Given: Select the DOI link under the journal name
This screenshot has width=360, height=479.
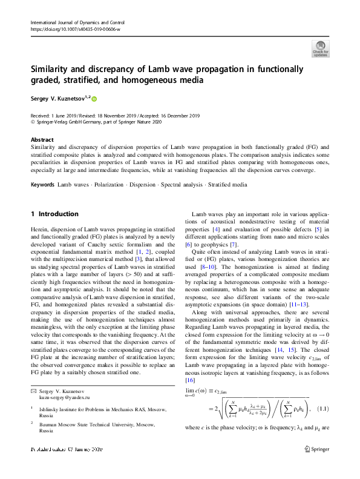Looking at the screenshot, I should click(71, 28).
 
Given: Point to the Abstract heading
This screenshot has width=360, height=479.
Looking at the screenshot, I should click(42, 139).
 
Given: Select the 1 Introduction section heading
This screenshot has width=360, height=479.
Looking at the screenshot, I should click(54, 214).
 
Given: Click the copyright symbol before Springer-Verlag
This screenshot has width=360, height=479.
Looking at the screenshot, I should click(33, 121).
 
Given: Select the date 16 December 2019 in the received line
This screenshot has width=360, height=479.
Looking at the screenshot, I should click(178, 115).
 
